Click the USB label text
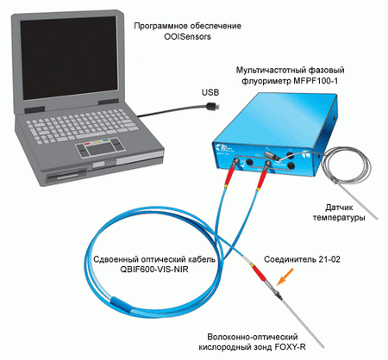210,92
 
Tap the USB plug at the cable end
213,106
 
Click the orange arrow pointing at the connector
285,276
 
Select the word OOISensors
187,37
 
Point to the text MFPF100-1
316,81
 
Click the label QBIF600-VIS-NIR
154,270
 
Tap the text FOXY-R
290,347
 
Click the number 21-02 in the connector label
329,259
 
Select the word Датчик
339,208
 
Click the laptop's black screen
69,58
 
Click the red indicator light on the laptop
87,143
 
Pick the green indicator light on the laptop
106,140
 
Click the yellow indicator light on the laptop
97,141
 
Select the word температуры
339,218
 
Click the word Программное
159,26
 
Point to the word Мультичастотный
268,71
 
